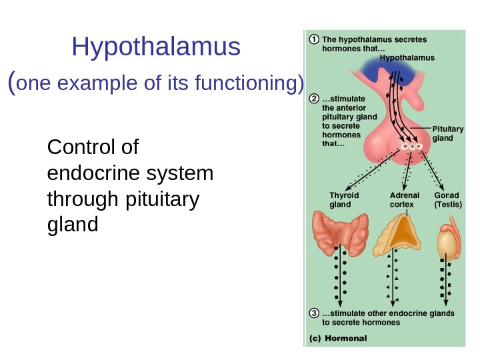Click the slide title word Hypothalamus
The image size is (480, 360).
(x=156, y=47)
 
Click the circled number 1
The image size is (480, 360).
(x=313, y=39)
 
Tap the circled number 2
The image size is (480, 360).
(x=313, y=100)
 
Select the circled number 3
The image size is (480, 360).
(x=313, y=313)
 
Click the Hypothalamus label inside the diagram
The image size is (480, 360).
(x=407, y=58)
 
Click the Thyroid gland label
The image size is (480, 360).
(x=344, y=200)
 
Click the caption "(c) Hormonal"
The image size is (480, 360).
(x=339, y=339)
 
